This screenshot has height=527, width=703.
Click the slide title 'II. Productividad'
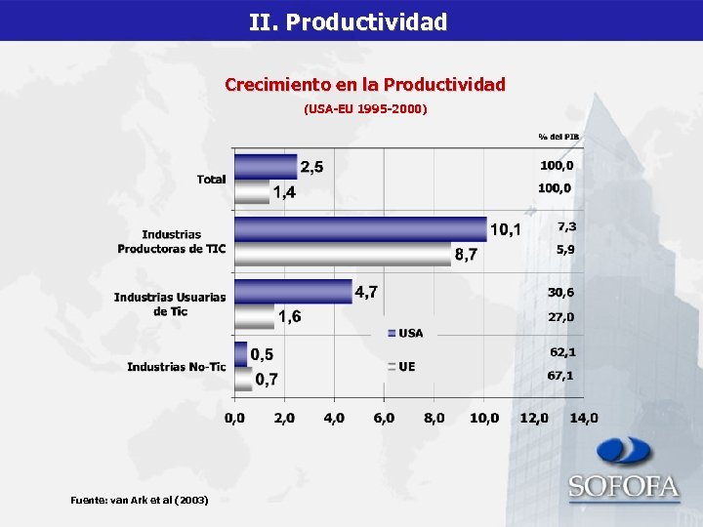pyautogui.click(x=348, y=21)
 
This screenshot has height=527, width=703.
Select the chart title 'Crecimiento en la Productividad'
pyautogui.click(x=365, y=85)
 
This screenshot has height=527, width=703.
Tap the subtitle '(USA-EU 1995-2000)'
pyautogui.click(x=365, y=108)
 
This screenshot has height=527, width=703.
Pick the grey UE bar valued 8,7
pyautogui.click(x=342, y=255)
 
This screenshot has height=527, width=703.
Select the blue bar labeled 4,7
pyautogui.click(x=293, y=291)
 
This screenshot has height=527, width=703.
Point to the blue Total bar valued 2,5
pyautogui.click(x=266, y=166)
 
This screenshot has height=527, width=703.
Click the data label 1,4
pyautogui.click(x=284, y=192)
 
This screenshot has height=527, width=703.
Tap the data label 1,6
pyautogui.click(x=289, y=316)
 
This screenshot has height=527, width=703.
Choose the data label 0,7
pyautogui.click(x=268, y=379)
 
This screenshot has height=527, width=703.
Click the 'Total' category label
pyautogui.click(x=211, y=180)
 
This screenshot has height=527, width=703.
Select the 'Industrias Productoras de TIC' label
pyautogui.click(x=172, y=242)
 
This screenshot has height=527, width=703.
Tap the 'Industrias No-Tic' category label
pyautogui.click(x=176, y=367)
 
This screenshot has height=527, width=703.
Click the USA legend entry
pyautogui.click(x=406, y=333)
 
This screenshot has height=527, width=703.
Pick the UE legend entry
pyautogui.click(x=402, y=367)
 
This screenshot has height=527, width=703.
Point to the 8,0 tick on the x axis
pyautogui.click(x=434, y=418)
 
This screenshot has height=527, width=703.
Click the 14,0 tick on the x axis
pyautogui.click(x=584, y=418)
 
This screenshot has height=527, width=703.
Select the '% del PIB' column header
pyautogui.click(x=558, y=136)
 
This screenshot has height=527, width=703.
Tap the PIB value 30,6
pyautogui.click(x=560, y=293)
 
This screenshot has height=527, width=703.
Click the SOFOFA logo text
pyautogui.click(x=624, y=486)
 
